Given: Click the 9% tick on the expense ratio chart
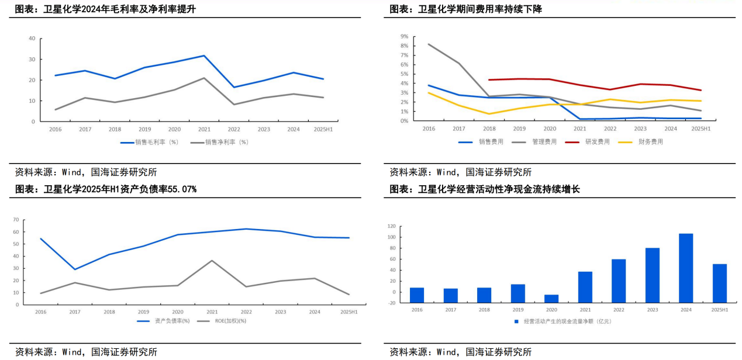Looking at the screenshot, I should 404,36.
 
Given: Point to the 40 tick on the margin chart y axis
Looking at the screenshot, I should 32,39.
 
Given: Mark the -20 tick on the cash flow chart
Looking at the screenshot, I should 391,303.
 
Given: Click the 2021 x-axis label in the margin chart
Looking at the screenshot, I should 204,129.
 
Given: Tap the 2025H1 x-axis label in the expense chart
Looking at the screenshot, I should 700,129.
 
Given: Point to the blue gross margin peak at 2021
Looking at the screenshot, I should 203,56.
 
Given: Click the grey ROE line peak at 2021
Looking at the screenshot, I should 212,261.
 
